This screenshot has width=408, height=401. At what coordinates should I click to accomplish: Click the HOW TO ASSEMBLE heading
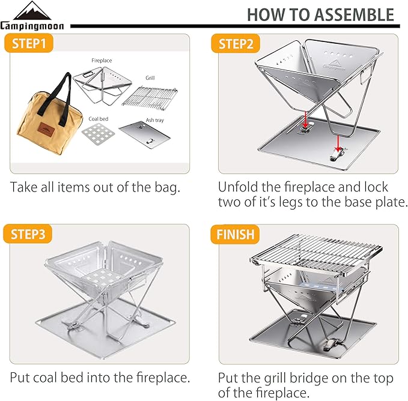tap(320, 15)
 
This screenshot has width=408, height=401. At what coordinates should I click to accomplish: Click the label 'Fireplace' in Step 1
tap(102, 61)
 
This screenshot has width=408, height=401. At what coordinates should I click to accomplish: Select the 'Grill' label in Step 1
tap(150, 78)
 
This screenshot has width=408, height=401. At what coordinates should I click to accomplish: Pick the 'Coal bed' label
tap(99, 119)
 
